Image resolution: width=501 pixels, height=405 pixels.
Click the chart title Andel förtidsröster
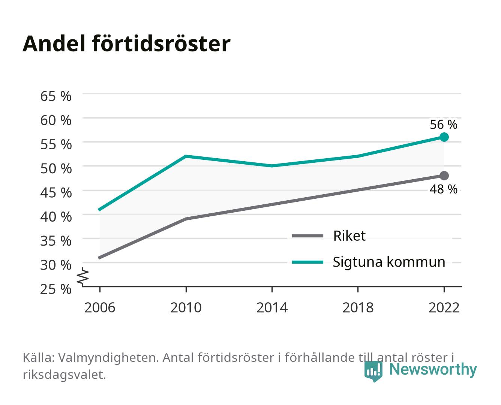(x=126, y=44)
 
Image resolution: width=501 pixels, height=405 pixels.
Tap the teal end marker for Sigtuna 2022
(x=444, y=137)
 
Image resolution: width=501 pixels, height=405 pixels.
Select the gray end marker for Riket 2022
(x=444, y=175)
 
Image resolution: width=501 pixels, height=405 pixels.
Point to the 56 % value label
(x=443, y=124)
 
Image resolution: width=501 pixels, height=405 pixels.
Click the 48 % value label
(x=443, y=189)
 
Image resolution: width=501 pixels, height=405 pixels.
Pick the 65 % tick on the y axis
(x=56, y=96)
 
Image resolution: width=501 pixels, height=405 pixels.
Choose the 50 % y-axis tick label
(x=56, y=169)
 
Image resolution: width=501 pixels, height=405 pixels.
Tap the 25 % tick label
(x=56, y=289)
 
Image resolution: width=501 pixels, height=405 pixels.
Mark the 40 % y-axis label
(x=56, y=217)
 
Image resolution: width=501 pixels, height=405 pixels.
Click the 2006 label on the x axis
(x=100, y=307)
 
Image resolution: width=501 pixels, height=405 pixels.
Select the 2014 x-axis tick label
(x=272, y=307)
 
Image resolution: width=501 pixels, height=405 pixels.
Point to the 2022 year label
(x=444, y=307)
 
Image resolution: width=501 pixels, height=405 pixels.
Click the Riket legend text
(x=349, y=235)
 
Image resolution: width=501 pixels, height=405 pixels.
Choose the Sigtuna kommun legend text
(x=389, y=262)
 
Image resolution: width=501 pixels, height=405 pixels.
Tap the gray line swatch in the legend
(x=307, y=235)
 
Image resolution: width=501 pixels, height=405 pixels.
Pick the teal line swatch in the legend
(x=307, y=262)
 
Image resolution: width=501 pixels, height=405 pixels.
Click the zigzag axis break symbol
(x=83, y=277)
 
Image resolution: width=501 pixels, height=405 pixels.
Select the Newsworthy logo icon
(x=373, y=371)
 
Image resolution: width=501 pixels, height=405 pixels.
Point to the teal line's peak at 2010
(x=186, y=156)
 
